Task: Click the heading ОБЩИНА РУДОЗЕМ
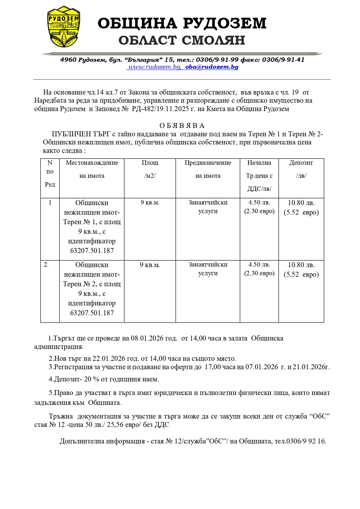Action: pos(182,23)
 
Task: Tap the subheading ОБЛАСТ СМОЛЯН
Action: pos(182,40)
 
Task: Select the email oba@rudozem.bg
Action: pos(212,67)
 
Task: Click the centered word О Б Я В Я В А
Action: pos(182,126)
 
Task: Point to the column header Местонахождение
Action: pos(92,163)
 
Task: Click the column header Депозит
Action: pos(301,163)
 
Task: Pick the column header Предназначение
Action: pos(208,163)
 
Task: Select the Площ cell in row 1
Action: pos(150,202)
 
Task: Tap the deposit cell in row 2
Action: pos(301,269)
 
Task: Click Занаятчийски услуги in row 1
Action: pos(208,207)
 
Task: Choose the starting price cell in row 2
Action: pos(259,269)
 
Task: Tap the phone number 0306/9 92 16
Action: pos(306,441)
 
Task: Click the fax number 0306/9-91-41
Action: pos(283,60)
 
